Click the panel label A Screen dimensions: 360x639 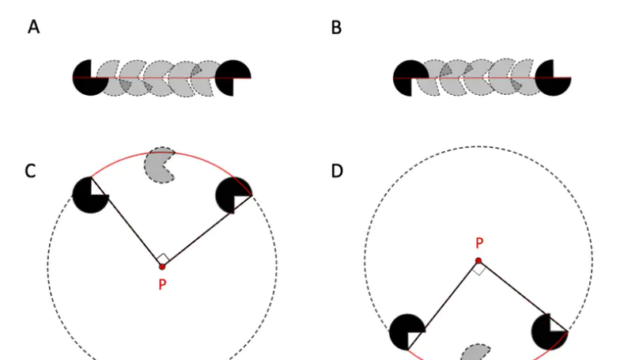click(33, 28)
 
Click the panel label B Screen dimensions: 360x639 click(336, 28)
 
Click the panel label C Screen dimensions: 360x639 click(30, 170)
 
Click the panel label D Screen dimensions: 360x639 click(337, 170)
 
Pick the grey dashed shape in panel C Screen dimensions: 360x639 click(161, 165)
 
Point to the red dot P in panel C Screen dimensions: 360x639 click(162, 267)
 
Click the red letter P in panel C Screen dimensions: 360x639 click(162, 284)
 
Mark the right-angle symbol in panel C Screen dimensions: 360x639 click(161, 258)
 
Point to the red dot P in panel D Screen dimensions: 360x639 click(478, 260)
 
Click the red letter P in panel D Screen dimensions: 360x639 click(478, 244)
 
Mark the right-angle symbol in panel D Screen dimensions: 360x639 click(478, 269)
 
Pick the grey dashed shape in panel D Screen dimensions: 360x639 click(476, 353)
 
